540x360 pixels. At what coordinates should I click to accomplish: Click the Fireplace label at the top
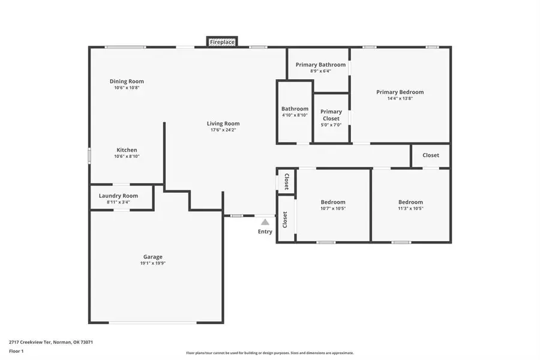click(x=222, y=42)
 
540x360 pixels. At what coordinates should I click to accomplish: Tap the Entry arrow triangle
click(x=265, y=222)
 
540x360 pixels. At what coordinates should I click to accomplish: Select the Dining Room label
click(x=127, y=82)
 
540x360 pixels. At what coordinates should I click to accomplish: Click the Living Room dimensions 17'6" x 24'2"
click(x=225, y=130)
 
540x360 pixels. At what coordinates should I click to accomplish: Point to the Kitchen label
click(x=127, y=150)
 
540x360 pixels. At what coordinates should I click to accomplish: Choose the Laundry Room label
click(x=118, y=196)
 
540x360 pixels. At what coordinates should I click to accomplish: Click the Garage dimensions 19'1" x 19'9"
click(x=152, y=263)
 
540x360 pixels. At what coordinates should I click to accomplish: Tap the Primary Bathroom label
click(x=320, y=65)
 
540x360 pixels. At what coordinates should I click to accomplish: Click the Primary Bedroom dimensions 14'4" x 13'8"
click(x=400, y=98)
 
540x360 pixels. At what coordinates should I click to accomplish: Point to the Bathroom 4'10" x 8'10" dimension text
click(x=295, y=115)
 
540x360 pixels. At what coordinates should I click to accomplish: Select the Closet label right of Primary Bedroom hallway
click(x=430, y=155)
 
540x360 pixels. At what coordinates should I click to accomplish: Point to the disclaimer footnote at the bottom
click(x=269, y=353)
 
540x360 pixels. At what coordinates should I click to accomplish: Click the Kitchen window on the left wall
click(x=90, y=156)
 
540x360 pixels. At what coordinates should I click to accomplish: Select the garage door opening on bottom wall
click(x=152, y=323)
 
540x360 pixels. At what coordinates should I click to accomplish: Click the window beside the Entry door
click(x=237, y=215)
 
